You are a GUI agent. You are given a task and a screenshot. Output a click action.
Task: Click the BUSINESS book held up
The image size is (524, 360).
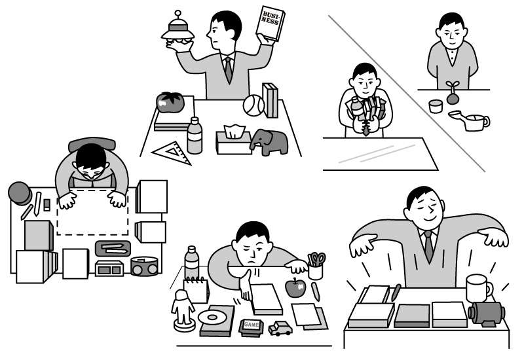point(271,24)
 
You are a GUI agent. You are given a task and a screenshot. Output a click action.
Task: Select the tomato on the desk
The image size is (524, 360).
point(170,102)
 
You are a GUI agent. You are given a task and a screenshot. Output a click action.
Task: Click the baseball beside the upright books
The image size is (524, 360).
point(253,105)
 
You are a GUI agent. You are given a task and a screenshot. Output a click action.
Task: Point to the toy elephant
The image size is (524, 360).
point(269,142)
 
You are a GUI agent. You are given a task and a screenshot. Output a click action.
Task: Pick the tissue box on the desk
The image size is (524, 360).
point(234,139)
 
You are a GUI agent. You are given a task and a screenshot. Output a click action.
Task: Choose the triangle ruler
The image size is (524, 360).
point(172,153)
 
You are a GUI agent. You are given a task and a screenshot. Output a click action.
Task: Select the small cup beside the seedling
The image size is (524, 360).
point(436,106)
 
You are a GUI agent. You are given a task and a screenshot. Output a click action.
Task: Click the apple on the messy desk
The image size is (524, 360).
point(295,287)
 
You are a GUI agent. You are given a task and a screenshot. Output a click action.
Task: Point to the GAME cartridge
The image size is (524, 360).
point(252,327)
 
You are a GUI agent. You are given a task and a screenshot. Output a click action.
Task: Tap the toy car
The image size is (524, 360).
point(280,329)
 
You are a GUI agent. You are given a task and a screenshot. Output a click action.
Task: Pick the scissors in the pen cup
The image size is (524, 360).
point(316,259)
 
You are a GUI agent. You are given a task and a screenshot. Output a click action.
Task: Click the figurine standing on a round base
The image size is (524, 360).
point(183,310)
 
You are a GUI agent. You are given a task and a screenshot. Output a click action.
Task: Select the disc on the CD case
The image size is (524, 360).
point(212,317)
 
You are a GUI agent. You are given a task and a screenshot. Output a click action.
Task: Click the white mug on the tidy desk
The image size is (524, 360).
point(479,289)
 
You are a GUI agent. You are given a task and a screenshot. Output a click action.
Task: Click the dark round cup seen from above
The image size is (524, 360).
point(20,194)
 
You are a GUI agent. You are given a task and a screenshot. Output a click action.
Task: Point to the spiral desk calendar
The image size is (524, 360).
point(196,290)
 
